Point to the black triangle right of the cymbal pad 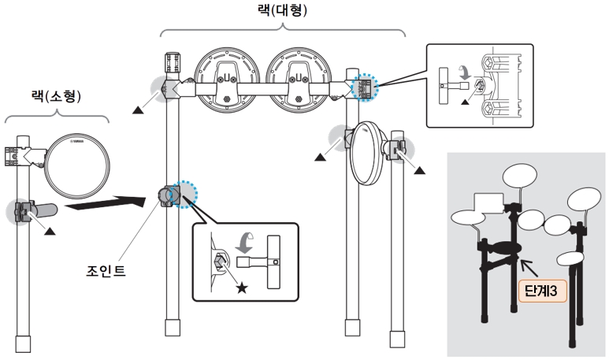[x=418, y=168]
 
